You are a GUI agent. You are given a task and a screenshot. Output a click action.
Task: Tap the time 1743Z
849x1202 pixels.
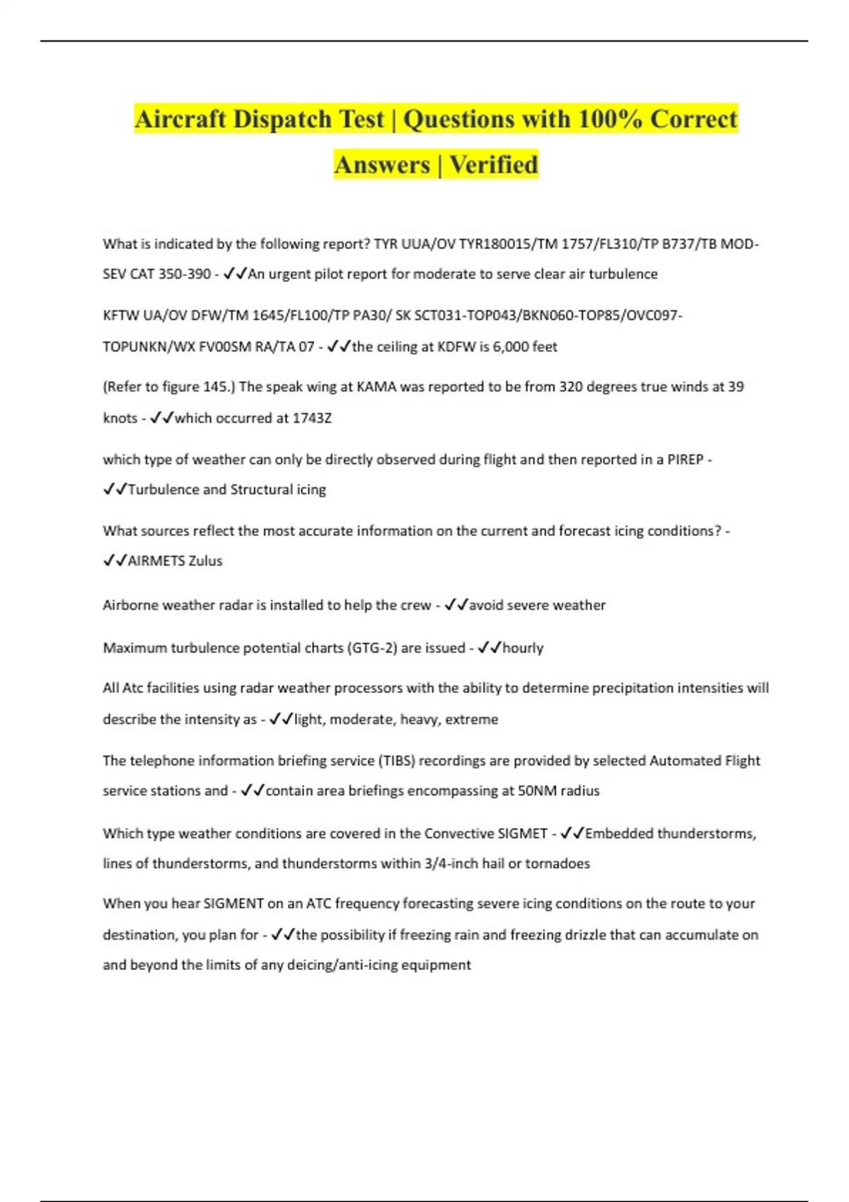(312, 418)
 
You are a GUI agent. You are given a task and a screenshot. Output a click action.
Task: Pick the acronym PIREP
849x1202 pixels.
(685, 460)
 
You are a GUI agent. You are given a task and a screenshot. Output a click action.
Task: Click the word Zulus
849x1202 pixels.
(205, 561)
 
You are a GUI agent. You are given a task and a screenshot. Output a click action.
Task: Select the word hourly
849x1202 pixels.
(523, 648)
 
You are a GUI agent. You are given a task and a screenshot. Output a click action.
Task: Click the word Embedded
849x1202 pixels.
(620, 834)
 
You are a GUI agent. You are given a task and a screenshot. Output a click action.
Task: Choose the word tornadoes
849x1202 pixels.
(558, 863)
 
